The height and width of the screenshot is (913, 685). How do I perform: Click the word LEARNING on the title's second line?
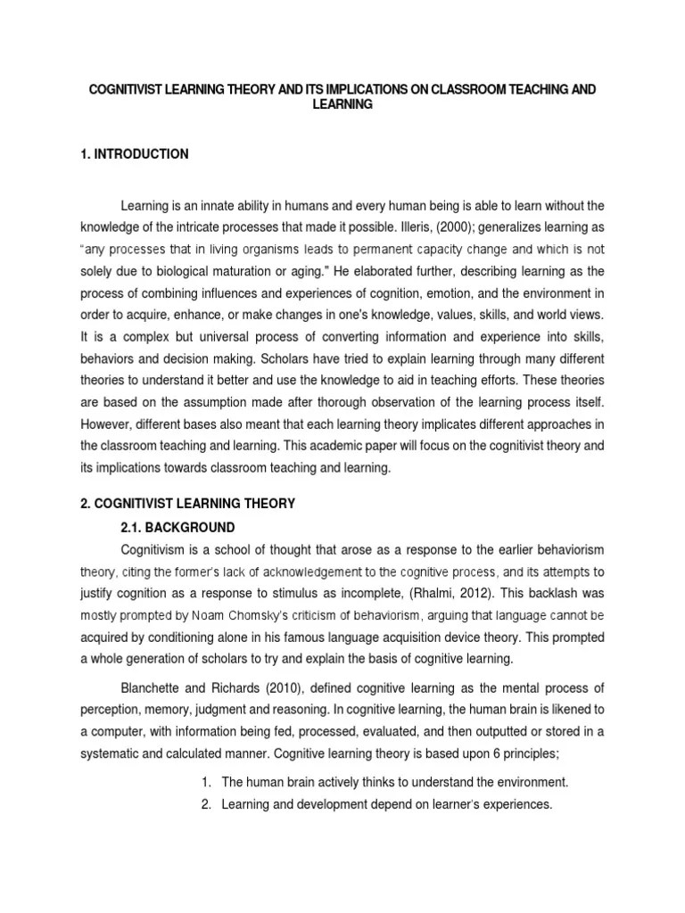[341, 105]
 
